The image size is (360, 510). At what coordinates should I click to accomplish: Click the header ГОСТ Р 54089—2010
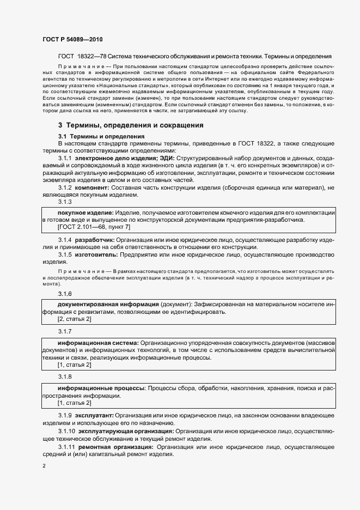coord(72,40)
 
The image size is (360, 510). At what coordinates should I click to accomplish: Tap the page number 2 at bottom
coord(44,466)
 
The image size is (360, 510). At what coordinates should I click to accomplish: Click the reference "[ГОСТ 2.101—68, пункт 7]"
coord(94,226)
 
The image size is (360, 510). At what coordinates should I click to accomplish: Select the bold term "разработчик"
coord(94,240)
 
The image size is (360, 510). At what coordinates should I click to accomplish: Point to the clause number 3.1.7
coord(65,331)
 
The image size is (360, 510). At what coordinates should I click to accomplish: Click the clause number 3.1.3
coord(65,202)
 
